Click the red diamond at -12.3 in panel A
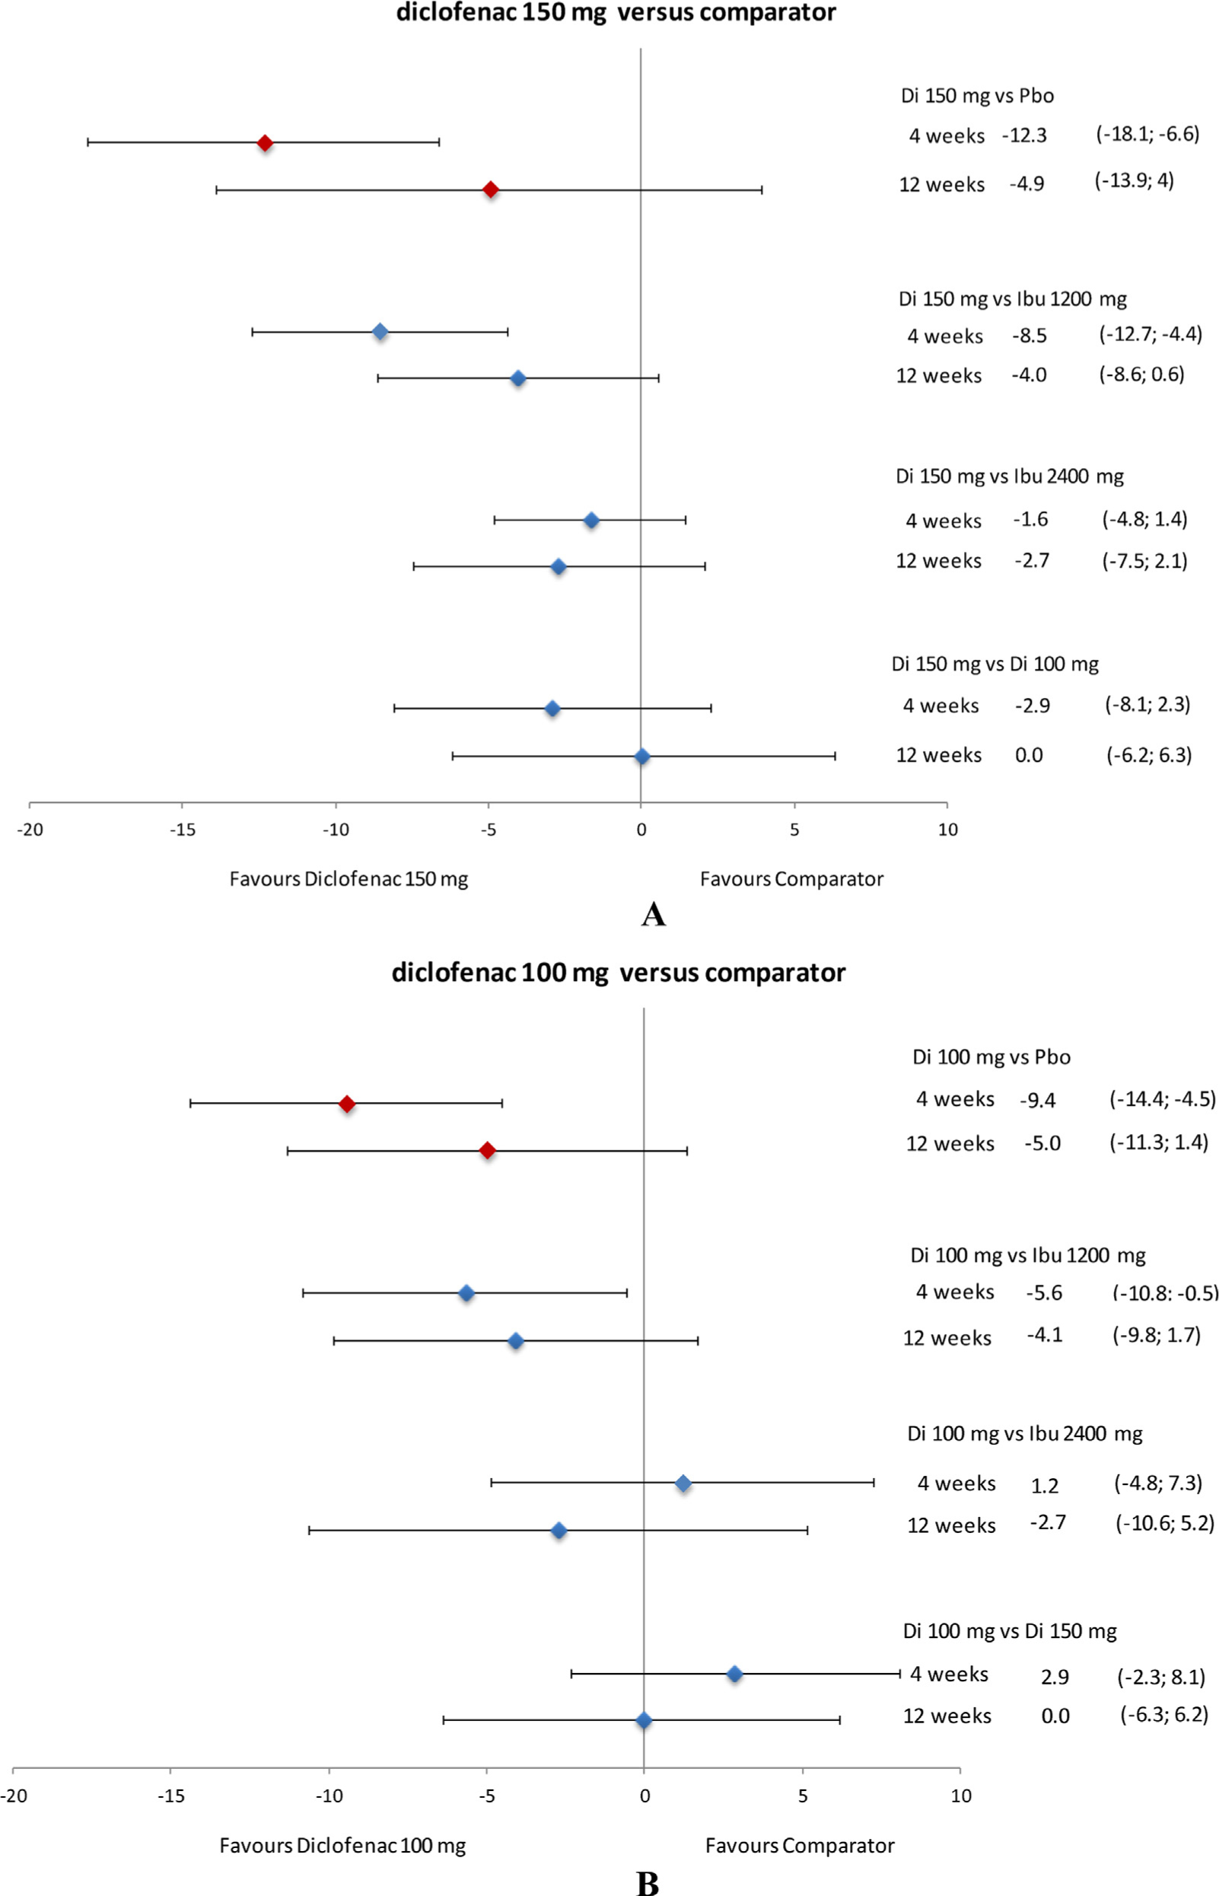[x=265, y=143]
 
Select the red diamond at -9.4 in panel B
[x=347, y=1104]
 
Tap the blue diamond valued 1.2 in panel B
[x=683, y=1483]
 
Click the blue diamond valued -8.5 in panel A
[x=380, y=332]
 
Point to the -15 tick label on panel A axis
[x=182, y=830]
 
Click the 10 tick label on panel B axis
[x=960, y=1796]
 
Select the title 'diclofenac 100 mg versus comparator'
[x=618, y=973]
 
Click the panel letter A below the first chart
[x=653, y=915]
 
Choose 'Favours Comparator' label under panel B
[x=800, y=1846]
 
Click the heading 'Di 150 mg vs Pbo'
[x=977, y=96]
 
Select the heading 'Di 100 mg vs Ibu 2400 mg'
[x=1024, y=1434]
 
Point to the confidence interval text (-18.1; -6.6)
[x=1147, y=134]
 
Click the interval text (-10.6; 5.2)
[x=1164, y=1523]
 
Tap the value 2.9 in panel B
[x=1055, y=1678]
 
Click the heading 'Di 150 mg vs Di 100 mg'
[x=995, y=664]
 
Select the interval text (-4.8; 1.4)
[x=1144, y=519]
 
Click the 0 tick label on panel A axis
[x=641, y=830]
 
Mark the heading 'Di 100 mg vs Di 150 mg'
[x=1009, y=1632]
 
